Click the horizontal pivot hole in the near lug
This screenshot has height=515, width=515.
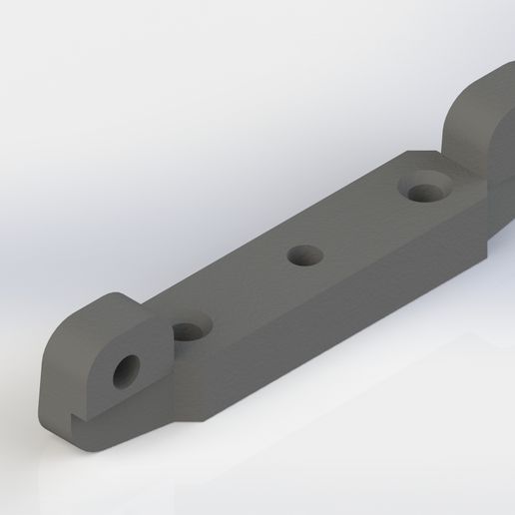pyautogui.click(x=128, y=371)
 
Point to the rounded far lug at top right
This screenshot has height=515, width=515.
pyautogui.click(x=484, y=120)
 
